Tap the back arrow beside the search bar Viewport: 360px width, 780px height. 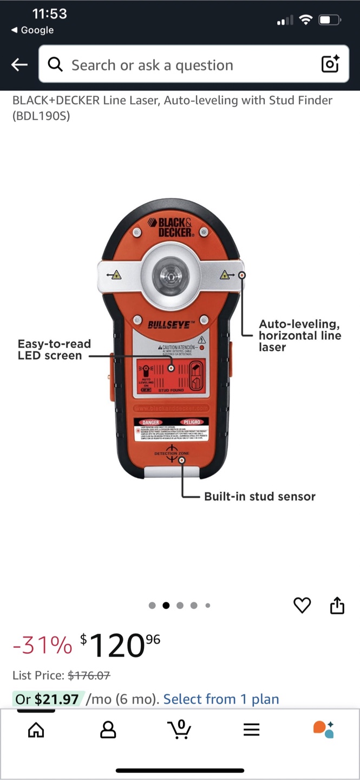tap(19, 65)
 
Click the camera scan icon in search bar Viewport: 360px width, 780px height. tap(330, 64)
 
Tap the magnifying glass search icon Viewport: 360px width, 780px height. tap(55, 65)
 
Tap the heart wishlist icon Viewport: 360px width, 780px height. tap(302, 605)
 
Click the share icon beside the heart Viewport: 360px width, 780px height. tap(337, 605)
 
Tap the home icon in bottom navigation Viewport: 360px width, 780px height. tap(36, 730)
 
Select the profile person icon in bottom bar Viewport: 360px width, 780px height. tap(108, 730)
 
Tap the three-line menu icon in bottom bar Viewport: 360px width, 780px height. tap(251, 730)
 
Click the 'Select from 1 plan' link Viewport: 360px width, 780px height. tap(221, 699)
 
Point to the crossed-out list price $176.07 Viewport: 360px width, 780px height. tap(89, 675)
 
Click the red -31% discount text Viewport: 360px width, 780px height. tap(42, 645)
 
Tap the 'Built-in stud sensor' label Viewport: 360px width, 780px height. tap(259, 496)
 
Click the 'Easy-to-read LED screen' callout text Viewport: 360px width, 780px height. tap(54, 349)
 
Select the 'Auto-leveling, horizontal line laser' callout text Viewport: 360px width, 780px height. tap(299, 335)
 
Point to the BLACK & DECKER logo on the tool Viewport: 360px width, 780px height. tap(174, 226)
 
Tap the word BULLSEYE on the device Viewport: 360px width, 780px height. tap(169, 325)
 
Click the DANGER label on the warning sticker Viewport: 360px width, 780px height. tap(152, 421)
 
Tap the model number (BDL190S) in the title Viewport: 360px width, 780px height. tap(41, 115)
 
